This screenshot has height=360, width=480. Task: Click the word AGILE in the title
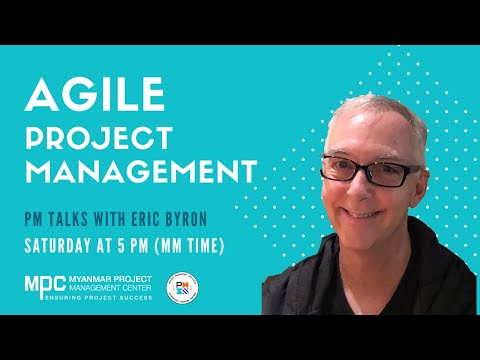pos(94,96)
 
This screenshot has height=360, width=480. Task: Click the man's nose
pos(371,190)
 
